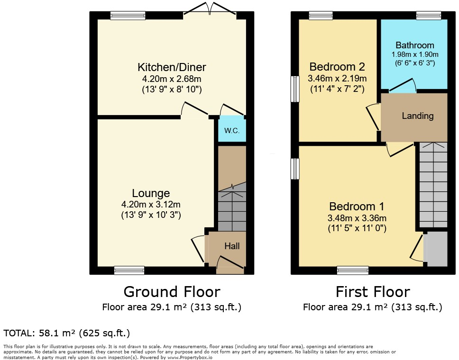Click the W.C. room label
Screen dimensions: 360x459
(232, 131)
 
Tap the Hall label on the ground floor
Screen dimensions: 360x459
(232, 246)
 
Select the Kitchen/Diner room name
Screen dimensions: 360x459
(172, 67)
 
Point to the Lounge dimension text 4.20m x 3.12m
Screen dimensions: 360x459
(151, 204)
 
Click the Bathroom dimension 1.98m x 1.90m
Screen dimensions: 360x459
(415, 54)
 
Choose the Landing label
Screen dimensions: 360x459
(418, 116)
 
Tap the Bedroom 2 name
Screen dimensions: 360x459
(337, 66)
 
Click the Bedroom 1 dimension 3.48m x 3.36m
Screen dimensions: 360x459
(357, 218)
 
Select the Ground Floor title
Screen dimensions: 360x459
(172, 291)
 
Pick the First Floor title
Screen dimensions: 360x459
(373, 291)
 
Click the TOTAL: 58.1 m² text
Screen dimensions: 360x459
(67, 333)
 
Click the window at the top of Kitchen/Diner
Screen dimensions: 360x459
(128, 16)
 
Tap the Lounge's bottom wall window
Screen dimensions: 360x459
(129, 270)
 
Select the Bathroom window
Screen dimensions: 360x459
(429, 16)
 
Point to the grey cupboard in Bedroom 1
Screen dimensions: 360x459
(436, 249)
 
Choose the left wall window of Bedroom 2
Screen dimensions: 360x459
(295, 89)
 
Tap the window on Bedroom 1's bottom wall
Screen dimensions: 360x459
(353, 270)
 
